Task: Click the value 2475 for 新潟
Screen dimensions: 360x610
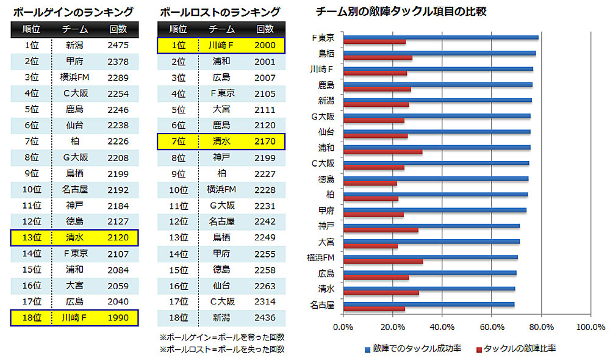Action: click(x=117, y=45)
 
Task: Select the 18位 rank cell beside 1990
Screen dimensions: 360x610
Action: click(x=32, y=317)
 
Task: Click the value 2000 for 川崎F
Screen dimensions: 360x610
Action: click(x=265, y=45)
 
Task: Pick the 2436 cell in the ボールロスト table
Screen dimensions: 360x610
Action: click(x=265, y=317)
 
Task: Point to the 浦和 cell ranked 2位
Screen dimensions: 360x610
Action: click(x=221, y=61)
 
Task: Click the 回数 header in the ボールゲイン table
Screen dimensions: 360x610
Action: click(x=117, y=29)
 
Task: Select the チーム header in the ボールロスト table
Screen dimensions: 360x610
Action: click(x=221, y=29)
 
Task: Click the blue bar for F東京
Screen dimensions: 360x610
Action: click(x=440, y=37)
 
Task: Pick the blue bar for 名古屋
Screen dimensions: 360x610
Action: click(x=429, y=304)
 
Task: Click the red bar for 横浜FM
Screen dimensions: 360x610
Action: click(x=383, y=261)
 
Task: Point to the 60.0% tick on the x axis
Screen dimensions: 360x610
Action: click(x=489, y=328)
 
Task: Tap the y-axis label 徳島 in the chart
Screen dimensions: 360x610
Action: click(x=326, y=179)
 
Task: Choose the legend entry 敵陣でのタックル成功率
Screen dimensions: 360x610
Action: click(x=413, y=348)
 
